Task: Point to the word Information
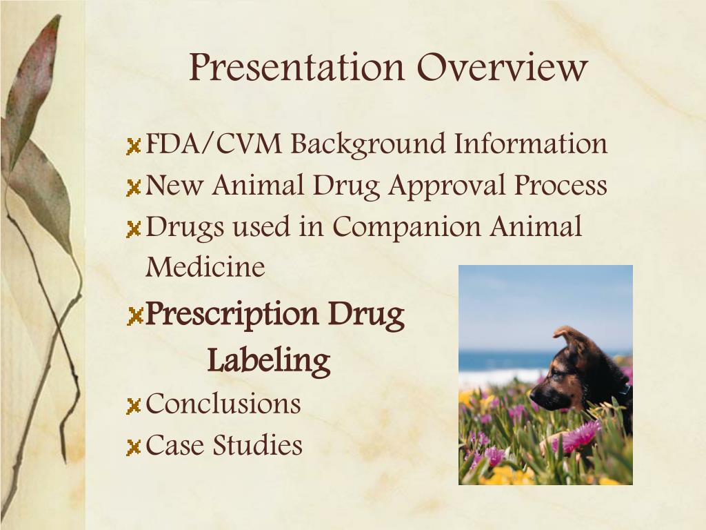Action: tap(531, 145)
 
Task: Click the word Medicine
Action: tap(205, 267)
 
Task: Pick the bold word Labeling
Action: tap(269, 360)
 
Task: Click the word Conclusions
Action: tap(223, 404)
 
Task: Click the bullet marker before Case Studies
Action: tap(134, 447)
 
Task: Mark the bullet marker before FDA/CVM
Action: tap(134, 147)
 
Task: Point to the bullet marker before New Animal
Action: tap(134, 188)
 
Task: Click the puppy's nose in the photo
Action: tap(534, 395)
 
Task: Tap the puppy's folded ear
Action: tap(567, 337)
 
